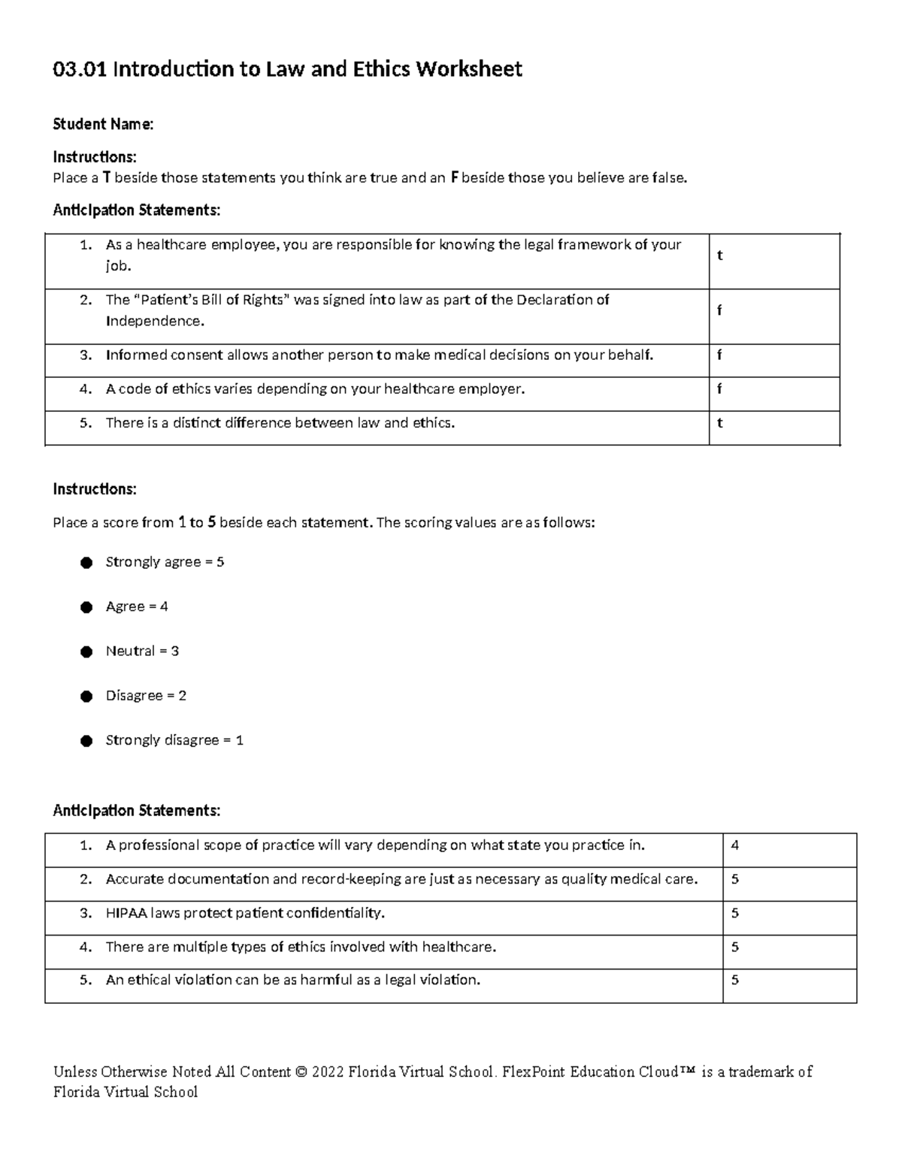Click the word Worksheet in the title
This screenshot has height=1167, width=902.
(x=469, y=70)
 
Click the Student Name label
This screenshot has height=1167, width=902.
(x=103, y=125)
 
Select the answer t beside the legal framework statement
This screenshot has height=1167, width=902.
(x=719, y=255)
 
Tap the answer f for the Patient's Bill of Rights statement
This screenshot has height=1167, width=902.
(x=719, y=310)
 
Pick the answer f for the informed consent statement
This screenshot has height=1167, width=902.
(x=719, y=355)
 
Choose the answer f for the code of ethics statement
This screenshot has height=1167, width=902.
(x=719, y=389)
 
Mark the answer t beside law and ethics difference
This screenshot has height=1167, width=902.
(x=719, y=423)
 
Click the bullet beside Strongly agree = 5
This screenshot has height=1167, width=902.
(x=86, y=563)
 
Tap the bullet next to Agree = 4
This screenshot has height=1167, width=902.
(x=86, y=607)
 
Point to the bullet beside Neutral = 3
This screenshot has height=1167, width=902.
(x=86, y=652)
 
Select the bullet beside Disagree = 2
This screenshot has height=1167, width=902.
(x=86, y=697)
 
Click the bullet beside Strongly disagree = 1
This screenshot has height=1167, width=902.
(x=86, y=741)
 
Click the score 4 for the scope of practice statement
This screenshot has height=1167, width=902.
(x=734, y=845)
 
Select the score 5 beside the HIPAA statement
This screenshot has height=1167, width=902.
(x=734, y=913)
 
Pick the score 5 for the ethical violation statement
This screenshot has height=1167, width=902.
(x=734, y=980)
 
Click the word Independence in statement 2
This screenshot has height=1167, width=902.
(x=153, y=322)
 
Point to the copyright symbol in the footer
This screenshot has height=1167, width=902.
(x=301, y=1072)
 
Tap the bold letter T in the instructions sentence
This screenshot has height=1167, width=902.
(x=107, y=178)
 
